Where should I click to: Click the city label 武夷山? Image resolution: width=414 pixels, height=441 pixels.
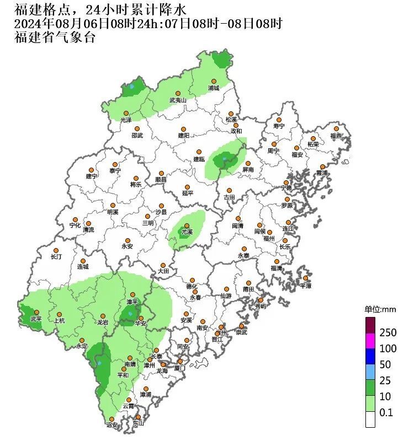pyautogui.click(x=178, y=101)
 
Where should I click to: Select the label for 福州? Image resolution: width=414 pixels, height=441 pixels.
pyautogui.click(x=269, y=239)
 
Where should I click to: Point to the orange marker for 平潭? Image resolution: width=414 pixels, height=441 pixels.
pyautogui.click(x=306, y=278)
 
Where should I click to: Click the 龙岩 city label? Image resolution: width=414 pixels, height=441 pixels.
pyautogui.click(x=103, y=322)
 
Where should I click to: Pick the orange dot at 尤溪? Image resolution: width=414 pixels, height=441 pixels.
pyautogui.click(x=187, y=225)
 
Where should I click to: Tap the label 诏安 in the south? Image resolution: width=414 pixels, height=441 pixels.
pyautogui.click(x=112, y=425)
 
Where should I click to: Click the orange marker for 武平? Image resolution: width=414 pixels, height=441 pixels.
pyautogui.click(x=37, y=312)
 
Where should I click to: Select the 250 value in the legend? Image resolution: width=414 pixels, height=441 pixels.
pyautogui.click(x=388, y=333)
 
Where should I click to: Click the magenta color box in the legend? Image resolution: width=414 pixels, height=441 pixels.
pyautogui.click(x=370, y=341)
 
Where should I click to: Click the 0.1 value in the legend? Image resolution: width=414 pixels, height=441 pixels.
pyautogui.click(x=386, y=412)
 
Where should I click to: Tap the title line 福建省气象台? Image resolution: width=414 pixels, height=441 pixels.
pyautogui.click(x=55, y=37)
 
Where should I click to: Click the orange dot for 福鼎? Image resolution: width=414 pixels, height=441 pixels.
pyautogui.click(x=336, y=128)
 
